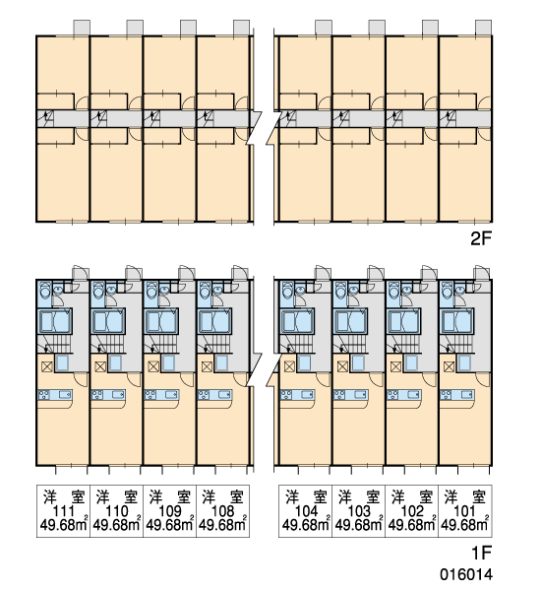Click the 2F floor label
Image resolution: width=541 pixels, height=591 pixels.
click(481, 238)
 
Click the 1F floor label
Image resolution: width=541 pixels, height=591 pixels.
click(482, 553)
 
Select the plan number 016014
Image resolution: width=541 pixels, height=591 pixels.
click(466, 574)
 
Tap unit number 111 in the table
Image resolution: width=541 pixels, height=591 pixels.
click(63, 511)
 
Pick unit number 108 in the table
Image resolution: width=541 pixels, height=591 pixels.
click(223, 511)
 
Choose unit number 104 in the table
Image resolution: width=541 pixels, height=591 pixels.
click(307, 511)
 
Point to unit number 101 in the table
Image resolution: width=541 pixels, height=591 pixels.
click(464, 511)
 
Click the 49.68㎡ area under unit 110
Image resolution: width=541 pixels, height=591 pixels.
click(117, 524)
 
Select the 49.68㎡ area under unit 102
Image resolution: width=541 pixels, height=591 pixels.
click(412, 524)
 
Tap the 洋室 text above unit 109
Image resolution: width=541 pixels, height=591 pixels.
click(170, 496)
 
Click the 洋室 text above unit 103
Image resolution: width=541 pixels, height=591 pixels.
click(359, 496)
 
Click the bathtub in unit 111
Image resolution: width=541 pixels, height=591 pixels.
click(55, 321)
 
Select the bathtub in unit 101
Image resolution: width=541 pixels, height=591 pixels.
click(457, 321)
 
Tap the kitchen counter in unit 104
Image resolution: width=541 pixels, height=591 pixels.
click(297, 395)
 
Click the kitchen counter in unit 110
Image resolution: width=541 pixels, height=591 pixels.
click(109, 395)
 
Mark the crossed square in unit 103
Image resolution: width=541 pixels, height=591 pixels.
click(342, 366)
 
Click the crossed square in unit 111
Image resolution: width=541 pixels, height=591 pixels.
click(47, 366)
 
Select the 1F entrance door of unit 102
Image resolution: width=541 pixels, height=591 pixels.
click(429, 273)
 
